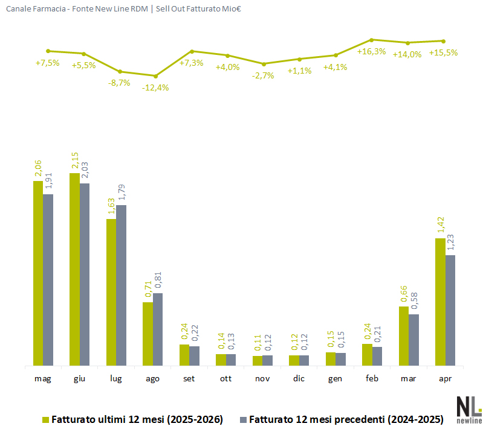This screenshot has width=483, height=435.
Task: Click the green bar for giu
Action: tap(74, 269)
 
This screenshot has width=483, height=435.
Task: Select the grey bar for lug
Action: tap(122, 285)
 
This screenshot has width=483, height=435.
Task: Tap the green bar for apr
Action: tap(440, 302)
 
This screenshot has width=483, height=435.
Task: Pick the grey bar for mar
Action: tap(413, 340)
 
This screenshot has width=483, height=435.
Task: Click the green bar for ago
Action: tap(148, 334)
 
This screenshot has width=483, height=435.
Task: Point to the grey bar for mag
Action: tap(48, 280)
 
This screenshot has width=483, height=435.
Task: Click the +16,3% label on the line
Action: tap(372, 51)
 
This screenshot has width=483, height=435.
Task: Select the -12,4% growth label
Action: tap(155, 88)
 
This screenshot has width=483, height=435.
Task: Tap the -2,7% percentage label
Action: tap(263, 75)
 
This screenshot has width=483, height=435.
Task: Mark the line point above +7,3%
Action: tap(192, 51)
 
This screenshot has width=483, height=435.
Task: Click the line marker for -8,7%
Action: tap(120, 72)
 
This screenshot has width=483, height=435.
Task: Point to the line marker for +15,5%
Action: tap(444, 41)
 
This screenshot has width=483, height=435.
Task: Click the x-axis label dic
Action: tap(299, 378)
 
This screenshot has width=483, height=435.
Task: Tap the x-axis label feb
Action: tap(372, 378)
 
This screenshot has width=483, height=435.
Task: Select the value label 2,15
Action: tap(75, 160)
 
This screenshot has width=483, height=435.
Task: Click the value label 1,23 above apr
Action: tap(450, 243)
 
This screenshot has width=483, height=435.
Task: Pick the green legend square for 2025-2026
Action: tap(45, 420)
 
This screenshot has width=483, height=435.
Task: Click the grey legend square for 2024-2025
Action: tap(244, 420)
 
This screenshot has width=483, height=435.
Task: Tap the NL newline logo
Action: tap(469, 410)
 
